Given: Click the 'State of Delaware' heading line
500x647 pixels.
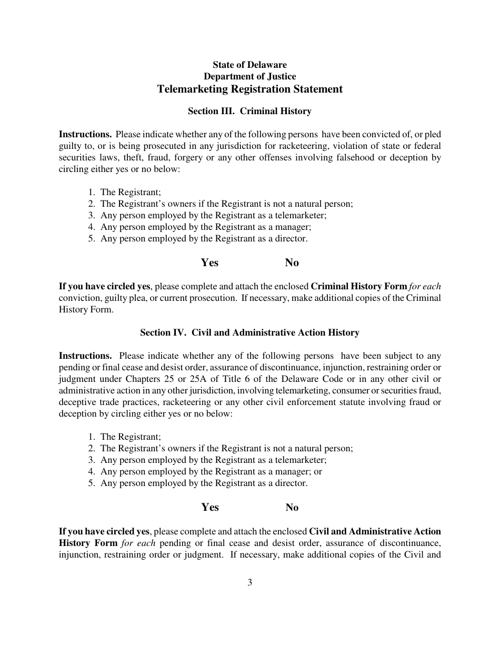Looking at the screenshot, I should (x=249, y=65).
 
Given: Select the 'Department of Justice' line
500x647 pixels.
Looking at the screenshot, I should (x=249, y=76).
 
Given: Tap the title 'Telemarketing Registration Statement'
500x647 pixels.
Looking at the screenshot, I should (x=249, y=89).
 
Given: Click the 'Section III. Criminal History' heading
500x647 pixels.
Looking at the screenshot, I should (x=249, y=111).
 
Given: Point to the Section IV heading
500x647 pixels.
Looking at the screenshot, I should (x=249, y=332).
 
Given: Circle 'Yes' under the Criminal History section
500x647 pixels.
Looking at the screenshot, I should (x=209, y=262).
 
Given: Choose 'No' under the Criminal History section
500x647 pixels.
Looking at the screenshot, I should (x=292, y=262).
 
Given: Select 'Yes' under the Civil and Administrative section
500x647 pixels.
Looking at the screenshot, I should (x=209, y=507).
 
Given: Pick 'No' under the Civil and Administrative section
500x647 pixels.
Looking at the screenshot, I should (x=292, y=507).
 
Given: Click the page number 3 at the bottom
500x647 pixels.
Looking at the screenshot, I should (x=249, y=582).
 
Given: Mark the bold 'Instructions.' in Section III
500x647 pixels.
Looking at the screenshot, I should (x=85, y=134).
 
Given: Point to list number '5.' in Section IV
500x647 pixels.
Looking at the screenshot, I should (x=92, y=483).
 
